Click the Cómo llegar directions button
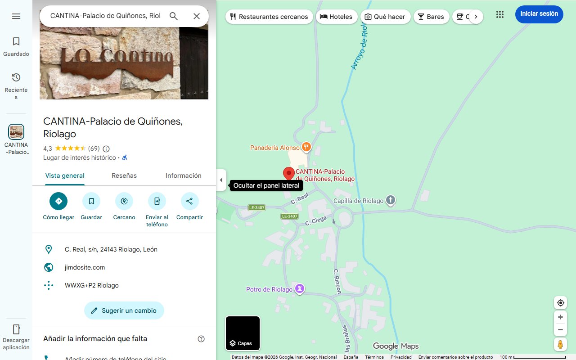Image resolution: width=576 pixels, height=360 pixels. pyautogui.click(x=58, y=201)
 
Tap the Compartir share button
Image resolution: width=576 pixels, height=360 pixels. pyautogui.click(x=189, y=201)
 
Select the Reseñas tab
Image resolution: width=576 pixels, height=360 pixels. pyautogui.click(x=124, y=175)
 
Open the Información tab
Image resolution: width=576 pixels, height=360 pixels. pyautogui.click(x=183, y=175)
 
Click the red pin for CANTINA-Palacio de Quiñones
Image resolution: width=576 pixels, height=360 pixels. pyautogui.click(x=288, y=173)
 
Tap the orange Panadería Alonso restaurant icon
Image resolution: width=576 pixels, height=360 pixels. pyautogui.click(x=306, y=147)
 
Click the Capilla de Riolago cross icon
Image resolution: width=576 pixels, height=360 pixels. pyautogui.click(x=391, y=200)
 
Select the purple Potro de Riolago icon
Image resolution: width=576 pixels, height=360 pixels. pyautogui.click(x=300, y=288)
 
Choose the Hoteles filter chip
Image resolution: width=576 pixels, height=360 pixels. pyautogui.click(x=337, y=17)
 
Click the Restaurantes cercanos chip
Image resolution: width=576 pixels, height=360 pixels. pyautogui.click(x=269, y=17)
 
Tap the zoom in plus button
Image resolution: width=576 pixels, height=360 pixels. pyautogui.click(x=560, y=317)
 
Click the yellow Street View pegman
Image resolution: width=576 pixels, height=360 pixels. pyautogui.click(x=560, y=345)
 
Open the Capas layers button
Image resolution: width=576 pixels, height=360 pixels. pyautogui.click(x=243, y=333)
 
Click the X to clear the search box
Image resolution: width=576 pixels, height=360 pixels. pyautogui.click(x=197, y=16)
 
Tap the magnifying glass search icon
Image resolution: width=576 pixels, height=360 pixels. pyautogui.click(x=174, y=16)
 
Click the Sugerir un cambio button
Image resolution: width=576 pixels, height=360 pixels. pyautogui.click(x=124, y=310)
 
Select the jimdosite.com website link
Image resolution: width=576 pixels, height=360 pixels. pyautogui.click(x=85, y=267)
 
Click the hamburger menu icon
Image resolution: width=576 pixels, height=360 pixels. pyautogui.click(x=16, y=16)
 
